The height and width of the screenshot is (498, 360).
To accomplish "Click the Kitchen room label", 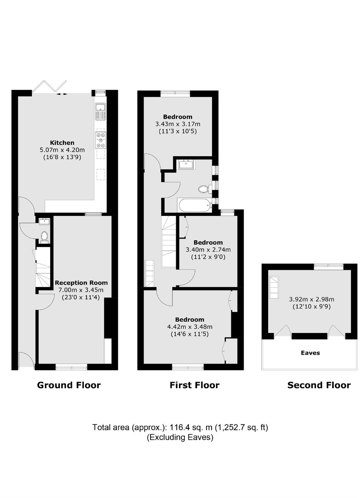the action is click(62, 142).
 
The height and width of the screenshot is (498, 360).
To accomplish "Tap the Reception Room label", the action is click(81, 283).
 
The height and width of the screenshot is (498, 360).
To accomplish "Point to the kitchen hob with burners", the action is click(101, 140).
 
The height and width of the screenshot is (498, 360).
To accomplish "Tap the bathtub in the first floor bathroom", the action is click(195, 205).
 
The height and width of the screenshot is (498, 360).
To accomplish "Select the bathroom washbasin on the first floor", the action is click(186, 165).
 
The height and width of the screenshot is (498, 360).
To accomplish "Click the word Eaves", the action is click(310, 353).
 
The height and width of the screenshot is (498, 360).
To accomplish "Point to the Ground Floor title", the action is click(69, 385).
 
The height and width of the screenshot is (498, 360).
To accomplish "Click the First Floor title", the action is click(195, 385).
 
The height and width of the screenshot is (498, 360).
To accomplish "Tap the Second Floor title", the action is click(319, 385).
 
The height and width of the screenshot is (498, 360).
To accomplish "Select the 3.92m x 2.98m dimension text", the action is click(311, 299).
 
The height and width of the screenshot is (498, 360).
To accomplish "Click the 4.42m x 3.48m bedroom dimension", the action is click(190, 327).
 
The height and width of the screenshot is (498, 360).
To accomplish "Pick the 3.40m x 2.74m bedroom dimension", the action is click(208, 250).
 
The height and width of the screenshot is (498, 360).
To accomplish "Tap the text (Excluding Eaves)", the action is click(180, 437).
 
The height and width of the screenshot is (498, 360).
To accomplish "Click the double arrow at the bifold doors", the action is click(62, 94).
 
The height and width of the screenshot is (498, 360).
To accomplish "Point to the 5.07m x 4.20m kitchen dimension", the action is click(62, 150).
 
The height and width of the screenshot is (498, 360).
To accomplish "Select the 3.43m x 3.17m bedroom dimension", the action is click(178, 124).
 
